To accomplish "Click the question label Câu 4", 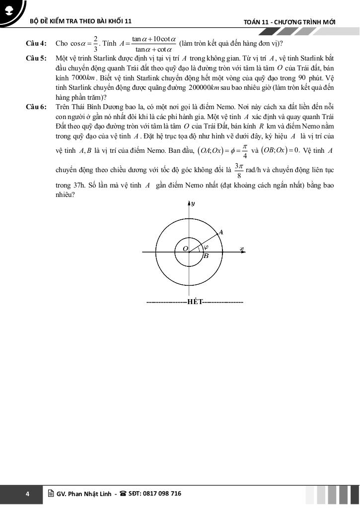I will click(x=36, y=44).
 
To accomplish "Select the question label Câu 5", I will click(x=36, y=59).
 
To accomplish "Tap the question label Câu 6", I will click(x=36, y=107).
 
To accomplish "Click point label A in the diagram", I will click(x=220, y=232).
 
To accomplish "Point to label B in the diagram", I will click(x=206, y=256).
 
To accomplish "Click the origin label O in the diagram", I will click(x=185, y=248).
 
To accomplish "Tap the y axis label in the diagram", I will click(x=193, y=203).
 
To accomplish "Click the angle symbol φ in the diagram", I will click(x=206, y=247).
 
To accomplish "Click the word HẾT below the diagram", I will click(x=195, y=302).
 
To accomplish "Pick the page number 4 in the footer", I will click(x=28, y=494).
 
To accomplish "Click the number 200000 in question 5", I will click(x=200, y=87).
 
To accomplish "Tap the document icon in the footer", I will click(x=51, y=494).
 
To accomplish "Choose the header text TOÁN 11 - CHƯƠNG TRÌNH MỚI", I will click(x=289, y=22).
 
